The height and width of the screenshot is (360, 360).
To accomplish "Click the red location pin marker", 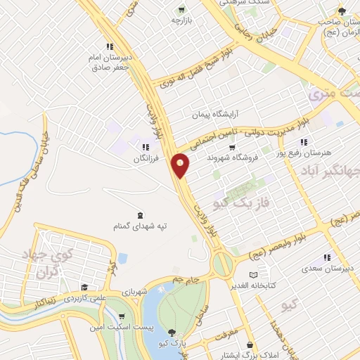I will pyautogui.click(x=181, y=165).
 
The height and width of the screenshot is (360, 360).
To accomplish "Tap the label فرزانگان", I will pyautogui.click(x=148, y=159).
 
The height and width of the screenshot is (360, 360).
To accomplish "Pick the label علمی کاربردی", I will pyautogui.click(x=84, y=298).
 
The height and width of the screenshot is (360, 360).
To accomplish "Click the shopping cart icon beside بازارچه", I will pyautogui.click(x=182, y=10).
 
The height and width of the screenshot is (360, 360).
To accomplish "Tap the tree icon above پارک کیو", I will pyautogui.click(x=173, y=331).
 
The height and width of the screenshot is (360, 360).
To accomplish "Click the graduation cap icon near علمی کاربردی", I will pyautogui.click(x=84, y=288).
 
